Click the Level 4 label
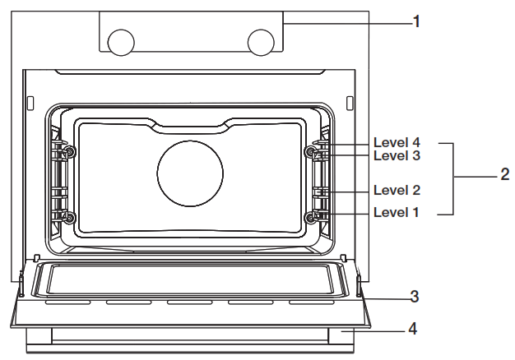(x=397, y=142)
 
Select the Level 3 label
(x=397, y=155)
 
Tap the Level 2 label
(x=397, y=190)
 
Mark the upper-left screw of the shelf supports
(x=69, y=152)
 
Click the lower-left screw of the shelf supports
(x=69, y=218)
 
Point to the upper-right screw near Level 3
(x=311, y=152)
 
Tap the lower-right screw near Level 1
(x=311, y=218)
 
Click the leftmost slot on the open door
(x=68, y=302)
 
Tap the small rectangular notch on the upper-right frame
(x=349, y=103)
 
